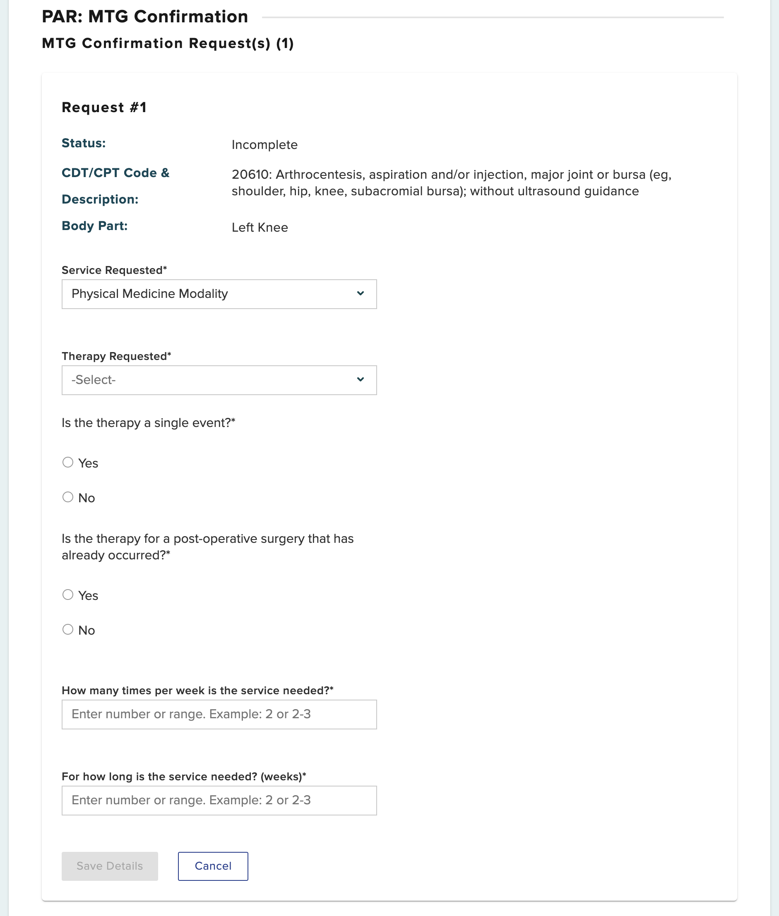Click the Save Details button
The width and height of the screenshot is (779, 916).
tap(110, 866)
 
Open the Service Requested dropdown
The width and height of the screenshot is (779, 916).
tap(219, 294)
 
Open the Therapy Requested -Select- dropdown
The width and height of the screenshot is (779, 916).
tap(219, 380)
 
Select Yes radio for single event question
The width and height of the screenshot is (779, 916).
tap(68, 462)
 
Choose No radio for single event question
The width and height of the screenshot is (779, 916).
tap(68, 497)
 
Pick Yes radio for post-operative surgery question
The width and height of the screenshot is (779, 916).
tap(68, 595)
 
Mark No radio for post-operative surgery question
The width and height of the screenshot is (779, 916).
tap(68, 630)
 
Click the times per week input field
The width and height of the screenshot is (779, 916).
tap(219, 714)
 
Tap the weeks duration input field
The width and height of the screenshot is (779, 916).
tap(219, 800)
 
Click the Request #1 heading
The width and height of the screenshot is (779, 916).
tap(104, 107)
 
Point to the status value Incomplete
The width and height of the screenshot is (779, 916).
tap(264, 145)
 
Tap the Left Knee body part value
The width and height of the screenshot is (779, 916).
tap(260, 227)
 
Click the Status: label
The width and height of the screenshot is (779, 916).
tap(84, 143)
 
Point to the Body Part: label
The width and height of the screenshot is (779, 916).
tap(94, 225)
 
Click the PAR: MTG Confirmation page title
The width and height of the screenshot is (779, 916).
tap(145, 17)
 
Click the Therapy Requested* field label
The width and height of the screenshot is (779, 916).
tap(116, 356)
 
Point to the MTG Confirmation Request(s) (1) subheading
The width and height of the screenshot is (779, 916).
tap(168, 43)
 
